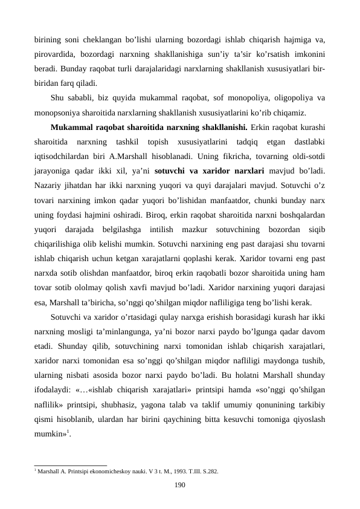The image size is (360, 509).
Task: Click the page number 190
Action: [x=179, y=484]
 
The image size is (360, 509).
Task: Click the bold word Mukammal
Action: [x=74, y=128]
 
